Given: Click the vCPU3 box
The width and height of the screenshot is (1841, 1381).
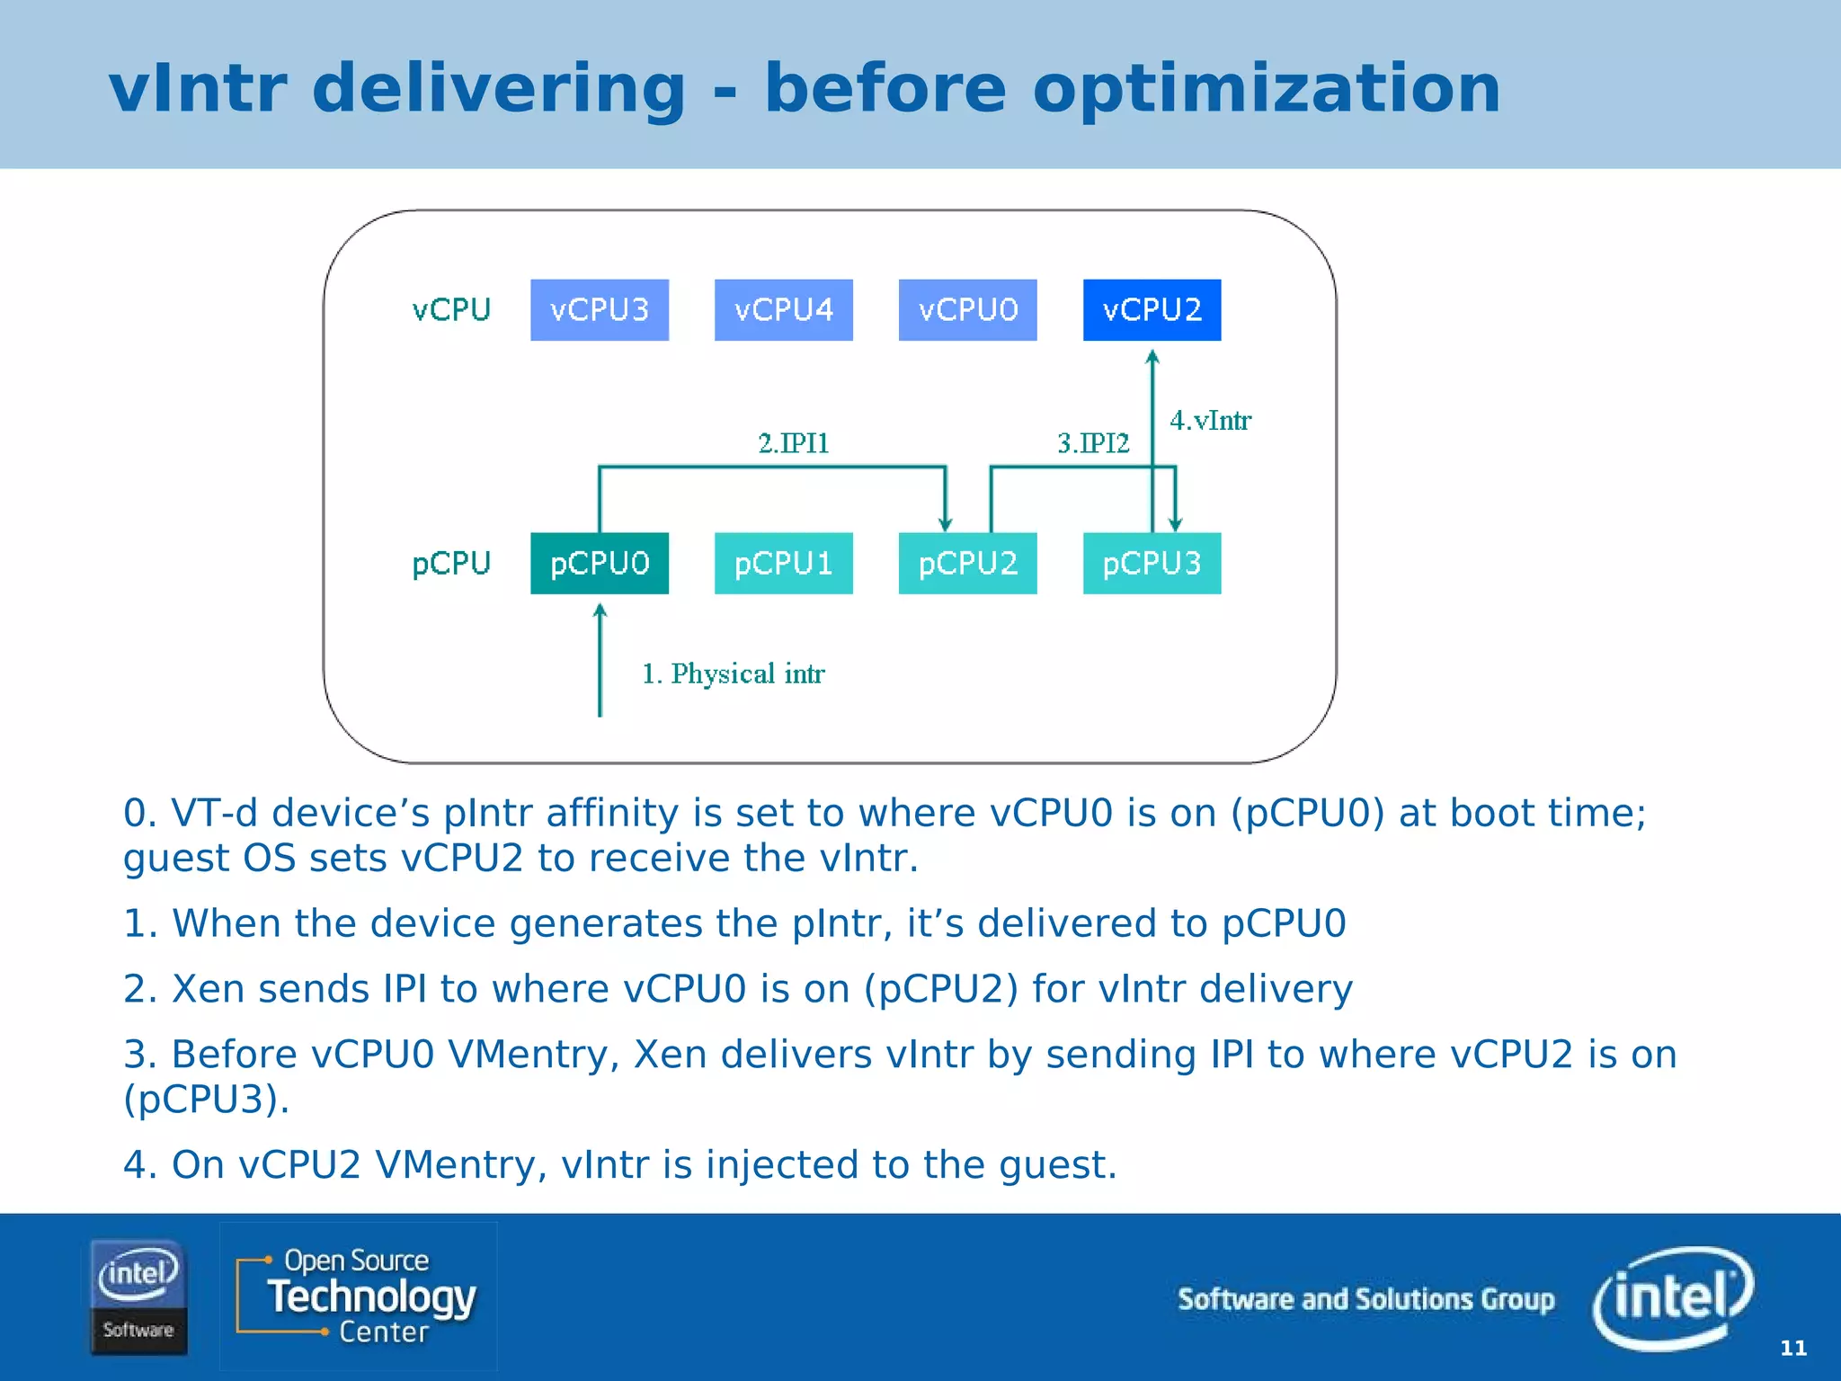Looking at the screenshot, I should coord(600,310).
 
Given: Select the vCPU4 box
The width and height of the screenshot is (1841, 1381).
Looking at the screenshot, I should coord(783,310).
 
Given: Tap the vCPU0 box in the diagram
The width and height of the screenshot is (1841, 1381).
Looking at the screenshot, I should coord(967,310).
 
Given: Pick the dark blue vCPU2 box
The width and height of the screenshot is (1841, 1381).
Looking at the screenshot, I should coord(1152,310).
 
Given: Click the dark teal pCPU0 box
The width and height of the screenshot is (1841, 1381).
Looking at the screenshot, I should coord(600,564).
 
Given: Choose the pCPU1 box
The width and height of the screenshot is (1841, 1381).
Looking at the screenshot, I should coord(783,564).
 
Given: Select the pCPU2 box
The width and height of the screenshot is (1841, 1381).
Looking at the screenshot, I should coord(967,564).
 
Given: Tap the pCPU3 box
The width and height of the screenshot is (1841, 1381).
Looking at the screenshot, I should coord(1152,564).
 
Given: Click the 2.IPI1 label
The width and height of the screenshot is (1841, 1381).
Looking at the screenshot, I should coord(793,443).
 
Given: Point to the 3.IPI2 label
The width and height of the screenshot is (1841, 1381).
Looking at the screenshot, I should coord(1092,443).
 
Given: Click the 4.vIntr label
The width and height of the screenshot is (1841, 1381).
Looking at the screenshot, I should coord(1210,420).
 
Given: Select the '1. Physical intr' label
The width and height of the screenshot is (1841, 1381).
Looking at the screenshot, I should coord(733,673).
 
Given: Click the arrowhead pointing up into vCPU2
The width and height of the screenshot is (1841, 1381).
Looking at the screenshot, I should coord(1152,357).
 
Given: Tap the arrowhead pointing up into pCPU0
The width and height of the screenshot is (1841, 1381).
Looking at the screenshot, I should coord(600,611).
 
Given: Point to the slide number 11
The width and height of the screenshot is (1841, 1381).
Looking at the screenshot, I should coord(1792,1348).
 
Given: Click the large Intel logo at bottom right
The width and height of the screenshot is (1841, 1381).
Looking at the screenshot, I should coord(1672,1297).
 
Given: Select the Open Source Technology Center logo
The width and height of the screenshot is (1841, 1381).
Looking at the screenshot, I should coord(359,1296).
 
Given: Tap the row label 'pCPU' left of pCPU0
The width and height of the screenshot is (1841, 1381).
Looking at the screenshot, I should coord(451,564).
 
